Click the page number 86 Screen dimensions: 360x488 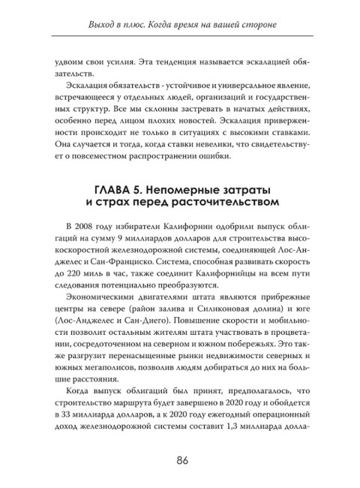[x=180, y=459]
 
